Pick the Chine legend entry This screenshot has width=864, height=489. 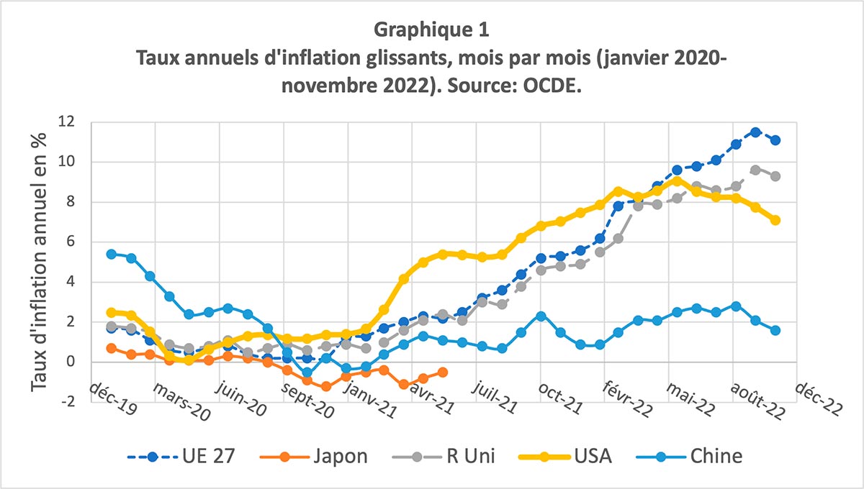pos(716,456)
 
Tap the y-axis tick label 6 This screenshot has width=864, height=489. pos(71,242)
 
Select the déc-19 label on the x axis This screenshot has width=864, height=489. pos(115,395)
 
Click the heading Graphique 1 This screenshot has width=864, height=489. pos(431,30)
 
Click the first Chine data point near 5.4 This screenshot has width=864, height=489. pos(112,254)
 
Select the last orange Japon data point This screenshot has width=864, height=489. pos(443,372)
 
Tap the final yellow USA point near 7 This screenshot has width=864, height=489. pos(775,220)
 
